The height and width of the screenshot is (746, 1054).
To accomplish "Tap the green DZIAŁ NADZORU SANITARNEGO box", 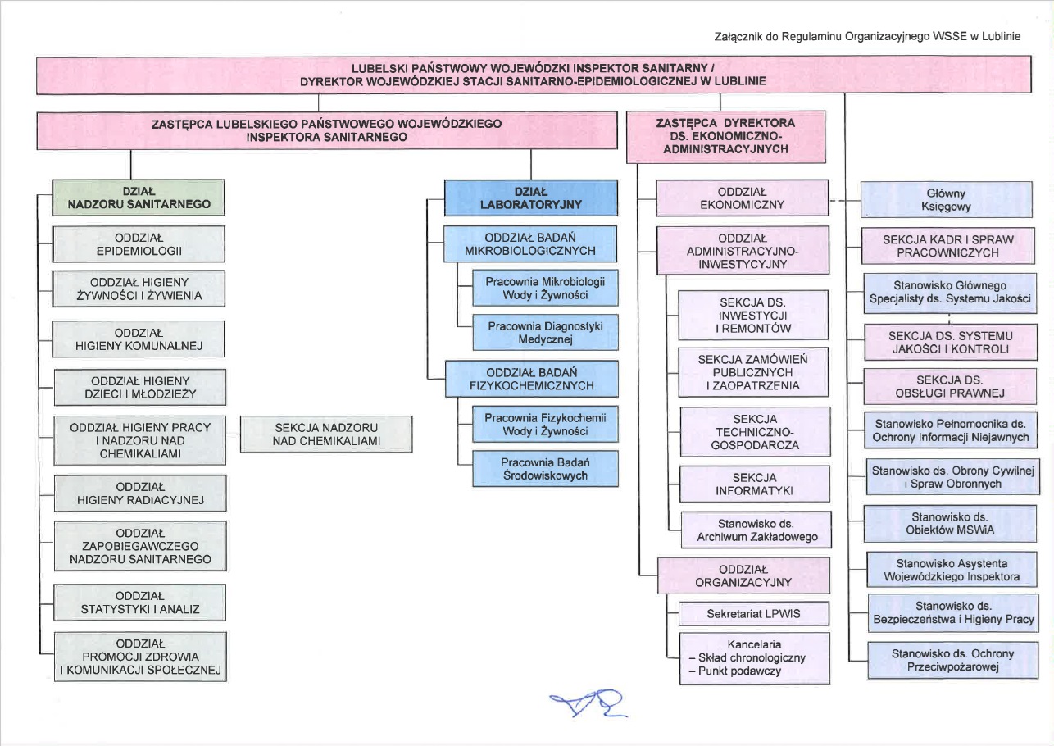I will [139, 198].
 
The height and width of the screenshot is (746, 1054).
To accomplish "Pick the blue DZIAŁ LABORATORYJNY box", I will [530, 198].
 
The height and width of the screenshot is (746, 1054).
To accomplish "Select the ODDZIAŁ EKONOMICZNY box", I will [742, 198].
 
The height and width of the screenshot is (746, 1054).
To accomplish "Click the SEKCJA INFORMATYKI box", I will [754, 484].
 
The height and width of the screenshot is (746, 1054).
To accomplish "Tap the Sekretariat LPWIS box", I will [754, 613].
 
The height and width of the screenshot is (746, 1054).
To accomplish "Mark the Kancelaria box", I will [754, 657].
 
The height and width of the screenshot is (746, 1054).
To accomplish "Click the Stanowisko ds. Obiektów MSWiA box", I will [951, 524].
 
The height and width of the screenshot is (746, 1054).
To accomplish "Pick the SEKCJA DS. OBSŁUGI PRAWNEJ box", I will [951, 386].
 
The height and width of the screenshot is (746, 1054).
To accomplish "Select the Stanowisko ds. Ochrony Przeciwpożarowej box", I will [951, 660].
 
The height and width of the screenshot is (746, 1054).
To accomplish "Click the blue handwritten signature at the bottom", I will [589, 704].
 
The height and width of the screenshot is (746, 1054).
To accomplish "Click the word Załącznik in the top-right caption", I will [738, 37].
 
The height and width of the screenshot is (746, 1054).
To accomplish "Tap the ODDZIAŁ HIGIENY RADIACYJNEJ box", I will [139, 494].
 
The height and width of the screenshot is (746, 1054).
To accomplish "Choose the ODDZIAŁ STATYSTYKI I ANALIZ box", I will [139, 602].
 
